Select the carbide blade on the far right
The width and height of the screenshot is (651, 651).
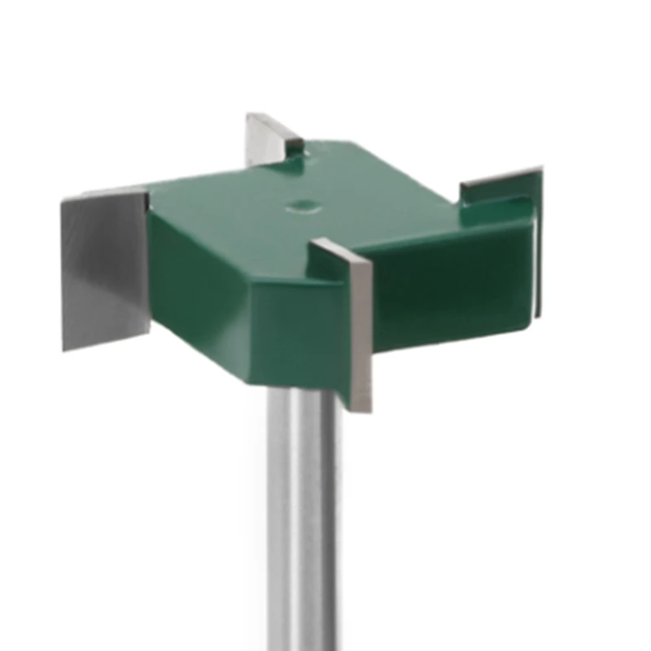pos(505,184)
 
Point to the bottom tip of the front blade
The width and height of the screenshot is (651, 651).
pos(362,407)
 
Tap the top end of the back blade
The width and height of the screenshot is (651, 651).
pos(252,116)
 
